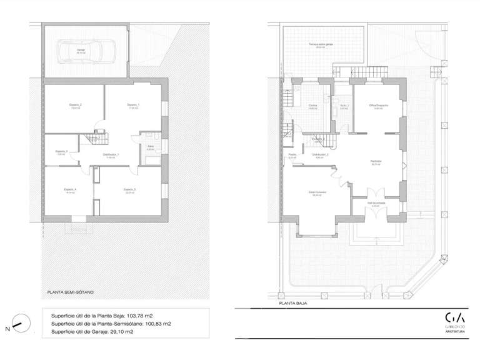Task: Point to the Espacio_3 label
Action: click(x=61, y=151)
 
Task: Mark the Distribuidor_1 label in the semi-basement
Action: click(x=111, y=155)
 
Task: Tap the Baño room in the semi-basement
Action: click(x=151, y=147)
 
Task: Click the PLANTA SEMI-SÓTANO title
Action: click(x=71, y=291)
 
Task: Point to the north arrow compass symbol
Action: click(x=19, y=324)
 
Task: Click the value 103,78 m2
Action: click(x=142, y=316)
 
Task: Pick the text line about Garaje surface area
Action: click(x=101, y=333)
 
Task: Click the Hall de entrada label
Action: click(x=376, y=203)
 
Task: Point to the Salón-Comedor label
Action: click(x=317, y=192)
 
